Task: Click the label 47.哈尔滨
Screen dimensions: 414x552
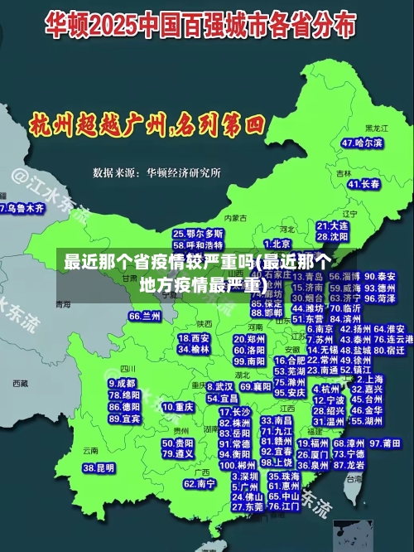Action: pyautogui.click(x=363, y=143)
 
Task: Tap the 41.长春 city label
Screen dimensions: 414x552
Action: pyautogui.click(x=364, y=184)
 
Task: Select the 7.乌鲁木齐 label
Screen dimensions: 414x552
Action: pyautogui.click(x=22, y=208)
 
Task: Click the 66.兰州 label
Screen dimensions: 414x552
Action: pyautogui.click(x=145, y=316)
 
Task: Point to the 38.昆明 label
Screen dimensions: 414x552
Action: pyautogui.click(x=99, y=468)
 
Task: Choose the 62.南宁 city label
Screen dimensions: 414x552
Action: pyautogui.click(x=200, y=483)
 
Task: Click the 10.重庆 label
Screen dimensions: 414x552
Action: pyautogui.click(x=178, y=407)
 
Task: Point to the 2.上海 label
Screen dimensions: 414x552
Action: pyautogui.click(x=371, y=378)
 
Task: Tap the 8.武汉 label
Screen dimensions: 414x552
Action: pyautogui.click(x=219, y=386)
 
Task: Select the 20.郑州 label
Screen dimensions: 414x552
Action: pyautogui.click(x=249, y=339)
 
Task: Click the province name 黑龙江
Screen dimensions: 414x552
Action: pyautogui.click(x=378, y=128)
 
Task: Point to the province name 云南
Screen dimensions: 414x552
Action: pyautogui.click(x=90, y=451)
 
